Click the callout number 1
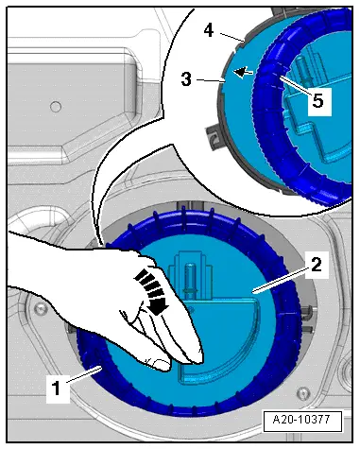click(x=57, y=388)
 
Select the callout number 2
click(x=317, y=265)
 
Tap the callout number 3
click(x=186, y=79)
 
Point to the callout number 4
click(x=209, y=30)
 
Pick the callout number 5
click(x=317, y=101)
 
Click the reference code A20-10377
click(x=301, y=420)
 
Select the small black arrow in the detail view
click(x=244, y=72)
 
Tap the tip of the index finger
click(x=201, y=360)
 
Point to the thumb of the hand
click(x=160, y=364)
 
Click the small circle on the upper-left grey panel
click(x=56, y=107)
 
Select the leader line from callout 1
click(x=84, y=374)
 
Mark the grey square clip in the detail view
click(x=213, y=136)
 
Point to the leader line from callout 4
click(x=231, y=37)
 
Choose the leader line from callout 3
click(x=211, y=80)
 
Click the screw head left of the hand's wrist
click(x=40, y=307)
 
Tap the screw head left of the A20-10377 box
click(x=302, y=393)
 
